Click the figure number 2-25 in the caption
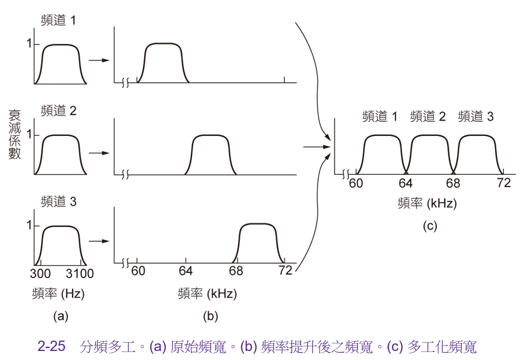(51, 346)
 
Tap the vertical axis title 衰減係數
(15, 135)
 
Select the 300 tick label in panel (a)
(40, 273)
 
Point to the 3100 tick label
(80, 273)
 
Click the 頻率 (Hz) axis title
(58, 294)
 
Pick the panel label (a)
(61, 316)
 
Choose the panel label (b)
(210, 316)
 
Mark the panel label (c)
(430, 225)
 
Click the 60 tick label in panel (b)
(138, 271)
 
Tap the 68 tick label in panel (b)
(236, 271)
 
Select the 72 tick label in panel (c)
(504, 183)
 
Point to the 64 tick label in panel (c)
(405, 183)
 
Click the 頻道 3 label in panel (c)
(476, 117)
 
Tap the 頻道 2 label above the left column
(59, 110)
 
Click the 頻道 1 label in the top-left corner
(59, 20)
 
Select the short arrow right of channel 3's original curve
(99, 241)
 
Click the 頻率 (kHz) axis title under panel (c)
(427, 203)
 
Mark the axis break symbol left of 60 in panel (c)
(346, 174)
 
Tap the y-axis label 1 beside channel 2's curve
(30, 135)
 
